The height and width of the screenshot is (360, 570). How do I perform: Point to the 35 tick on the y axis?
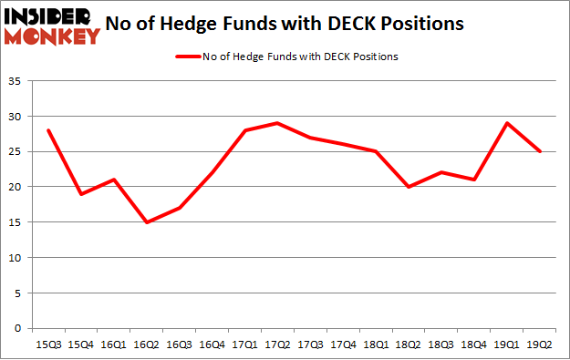point(17,81)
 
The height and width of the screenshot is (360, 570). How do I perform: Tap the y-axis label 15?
point(17,222)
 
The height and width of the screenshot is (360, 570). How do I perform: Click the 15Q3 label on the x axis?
point(47,344)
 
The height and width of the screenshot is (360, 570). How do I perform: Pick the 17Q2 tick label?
point(277,344)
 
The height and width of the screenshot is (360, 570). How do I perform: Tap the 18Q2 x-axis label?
point(409,344)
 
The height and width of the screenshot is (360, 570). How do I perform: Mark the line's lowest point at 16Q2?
point(146,222)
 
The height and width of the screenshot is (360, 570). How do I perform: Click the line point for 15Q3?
point(47,130)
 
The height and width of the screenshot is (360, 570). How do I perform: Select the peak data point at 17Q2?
point(277,123)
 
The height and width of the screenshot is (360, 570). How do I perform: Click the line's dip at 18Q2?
point(409,187)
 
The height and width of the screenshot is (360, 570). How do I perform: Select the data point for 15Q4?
point(80,194)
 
